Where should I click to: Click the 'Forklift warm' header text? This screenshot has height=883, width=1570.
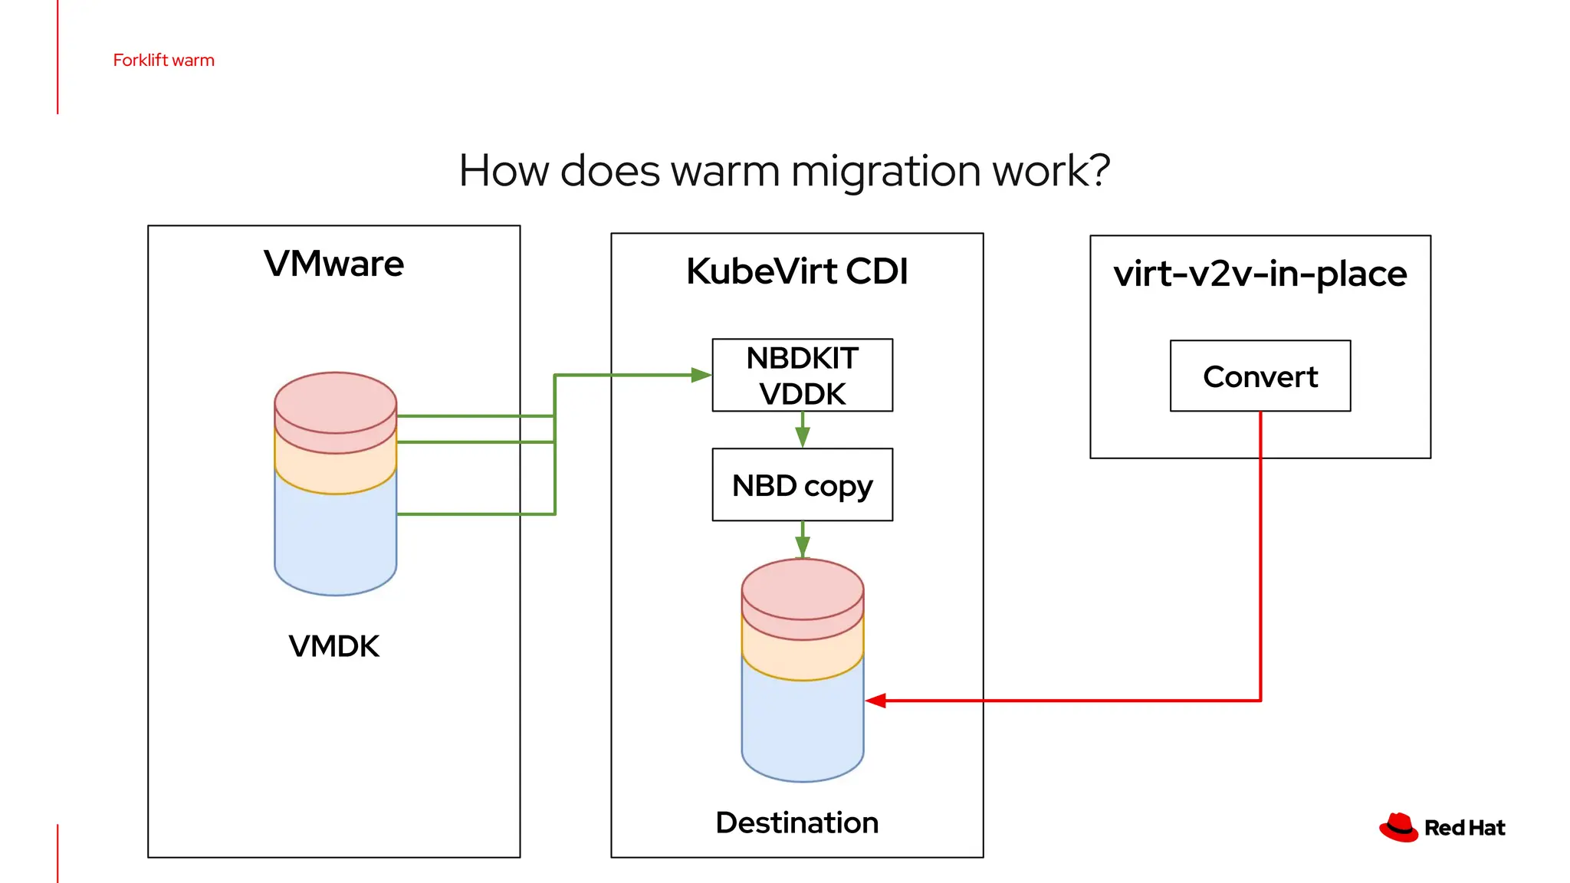(163, 61)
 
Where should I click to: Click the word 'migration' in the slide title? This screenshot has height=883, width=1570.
(885, 171)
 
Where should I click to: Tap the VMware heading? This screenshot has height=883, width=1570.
(333, 264)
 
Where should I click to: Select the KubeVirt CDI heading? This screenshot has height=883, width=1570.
(796, 271)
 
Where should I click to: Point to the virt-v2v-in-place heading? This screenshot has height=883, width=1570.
(1260, 274)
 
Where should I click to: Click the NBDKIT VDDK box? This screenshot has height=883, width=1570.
(802, 376)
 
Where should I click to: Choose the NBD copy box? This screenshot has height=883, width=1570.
(802, 485)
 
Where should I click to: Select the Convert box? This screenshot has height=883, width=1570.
(1260, 376)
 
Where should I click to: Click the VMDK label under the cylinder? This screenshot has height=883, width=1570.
(333, 646)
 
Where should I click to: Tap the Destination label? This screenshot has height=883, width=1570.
(796, 822)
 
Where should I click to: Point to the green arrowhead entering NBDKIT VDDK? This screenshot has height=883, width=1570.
(701, 375)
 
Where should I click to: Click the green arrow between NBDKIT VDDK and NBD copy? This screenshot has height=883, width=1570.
(803, 432)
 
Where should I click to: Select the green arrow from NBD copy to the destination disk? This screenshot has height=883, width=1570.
(803, 540)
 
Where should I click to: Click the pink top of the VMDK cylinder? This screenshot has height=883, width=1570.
(335, 402)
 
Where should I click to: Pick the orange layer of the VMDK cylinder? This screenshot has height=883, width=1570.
(335, 469)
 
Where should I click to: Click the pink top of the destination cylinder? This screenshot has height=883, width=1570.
(802, 589)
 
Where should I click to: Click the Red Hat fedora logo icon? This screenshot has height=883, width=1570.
(1399, 828)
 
